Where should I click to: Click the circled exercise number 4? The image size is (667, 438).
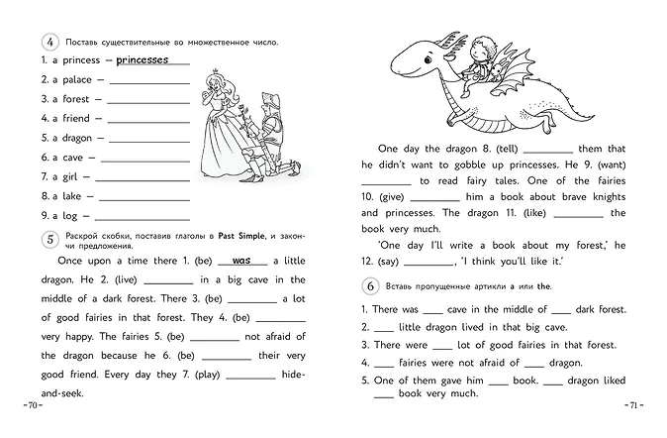[x=48, y=43]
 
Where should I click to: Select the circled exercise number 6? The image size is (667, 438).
[x=370, y=285]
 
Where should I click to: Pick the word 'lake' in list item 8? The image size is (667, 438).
[x=69, y=195]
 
